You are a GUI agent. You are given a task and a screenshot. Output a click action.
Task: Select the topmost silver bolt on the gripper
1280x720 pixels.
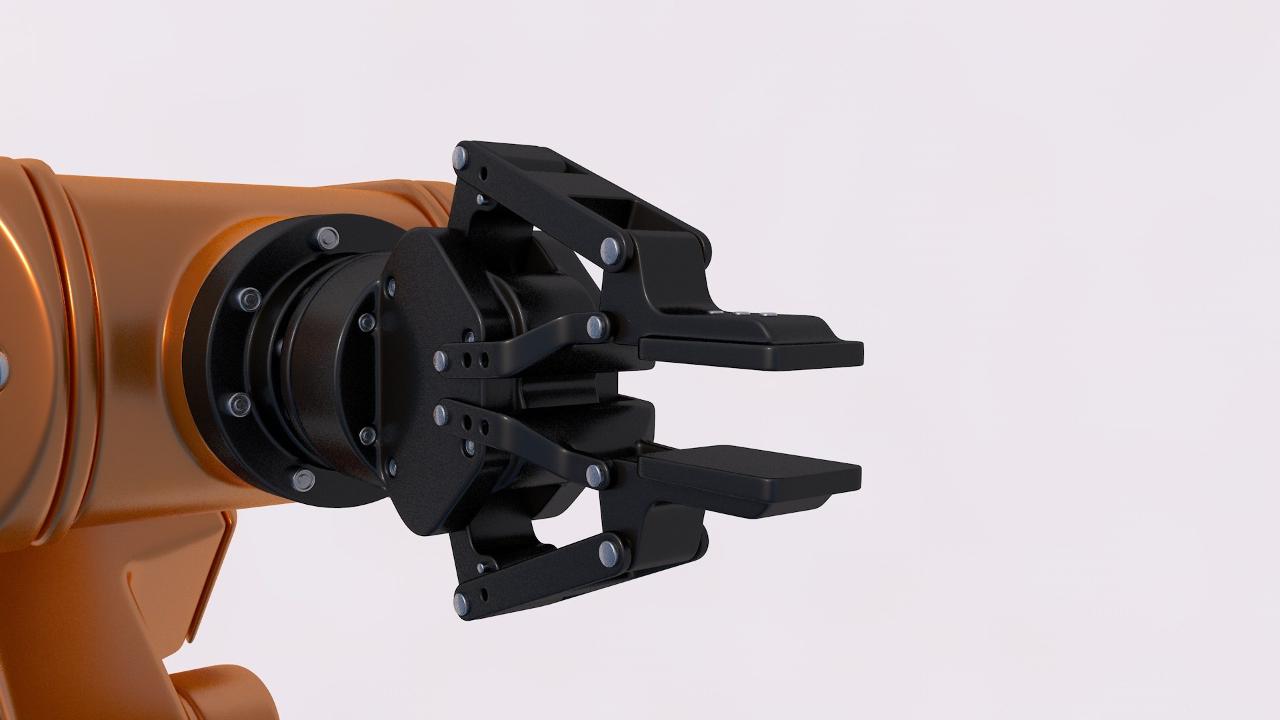pyautogui.click(x=461, y=158)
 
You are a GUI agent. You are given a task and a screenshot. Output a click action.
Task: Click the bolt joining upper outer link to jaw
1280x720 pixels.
pyautogui.click(x=610, y=250)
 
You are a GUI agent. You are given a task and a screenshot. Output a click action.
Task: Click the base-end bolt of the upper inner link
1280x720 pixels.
pyautogui.click(x=441, y=361)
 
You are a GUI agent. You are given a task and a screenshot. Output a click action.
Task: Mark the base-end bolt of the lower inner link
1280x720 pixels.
pyautogui.click(x=440, y=415)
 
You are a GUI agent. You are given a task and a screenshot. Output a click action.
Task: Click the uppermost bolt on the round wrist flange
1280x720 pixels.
pyautogui.click(x=327, y=237)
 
